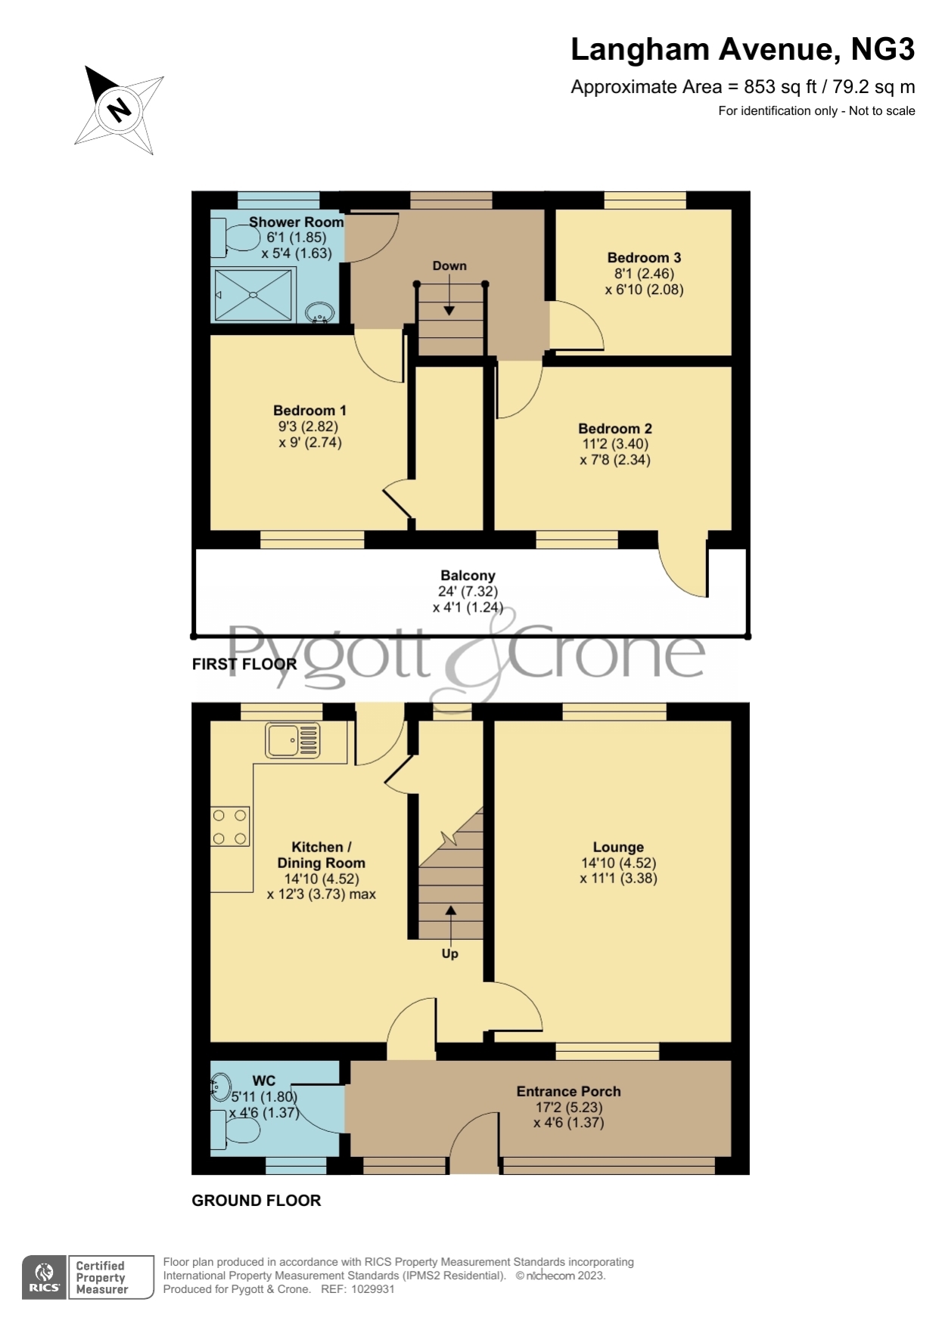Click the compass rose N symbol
click(x=119, y=109)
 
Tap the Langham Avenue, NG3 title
click(x=742, y=50)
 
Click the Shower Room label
click(x=296, y=222)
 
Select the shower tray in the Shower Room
click(x=253, y=294)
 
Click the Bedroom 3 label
click(x=644, y=258)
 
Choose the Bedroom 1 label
click(x=309, y=411)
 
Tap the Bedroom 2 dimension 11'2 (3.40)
click(x=615, y=445)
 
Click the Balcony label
click(x=468, y=576)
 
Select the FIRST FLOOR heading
click(x=244, y=665)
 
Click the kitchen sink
click(x=293, y=740)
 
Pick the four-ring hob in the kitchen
click(x=230, y=826)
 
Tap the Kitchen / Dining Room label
click(x=321, y=855)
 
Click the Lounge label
click(x=618, y=848)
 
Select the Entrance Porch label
click(x=568, y=1092)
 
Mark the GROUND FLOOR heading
click(x=256, y=1201)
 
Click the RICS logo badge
click(x=45, y=1278)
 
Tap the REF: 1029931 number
click(x=358, y=1289)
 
